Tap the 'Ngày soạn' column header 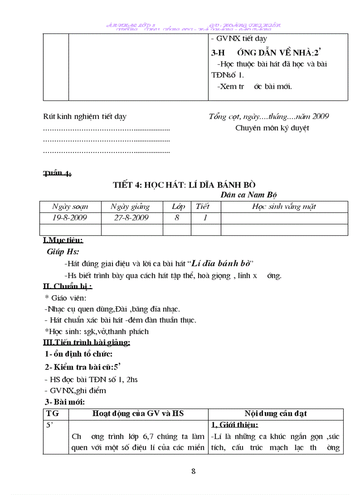point(70,206)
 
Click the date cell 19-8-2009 point(70,218)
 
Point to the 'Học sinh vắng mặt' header point(284,206)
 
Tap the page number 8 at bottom point(193,471)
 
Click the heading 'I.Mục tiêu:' point(63,241)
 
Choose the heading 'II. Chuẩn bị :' point(67,287)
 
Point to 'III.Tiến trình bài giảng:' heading point(86,342)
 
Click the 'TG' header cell point(52,413)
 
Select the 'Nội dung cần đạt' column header point(276,413)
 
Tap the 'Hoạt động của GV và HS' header point(138,413)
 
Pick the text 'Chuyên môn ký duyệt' point(272,128)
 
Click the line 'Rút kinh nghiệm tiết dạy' point(85,117)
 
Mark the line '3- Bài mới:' point(65,402)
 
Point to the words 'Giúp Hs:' point(63,252)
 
